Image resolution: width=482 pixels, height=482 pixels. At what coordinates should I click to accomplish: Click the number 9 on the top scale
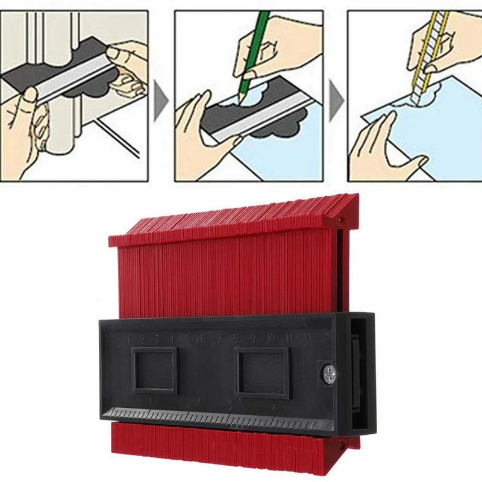pyautogui.click(x=252, y=339)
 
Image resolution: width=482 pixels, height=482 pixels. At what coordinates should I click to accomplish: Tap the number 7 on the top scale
pyautogui.click(x=219, y=339)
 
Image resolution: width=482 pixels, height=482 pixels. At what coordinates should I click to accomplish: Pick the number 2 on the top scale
pyautogui.click(x=143, y=339)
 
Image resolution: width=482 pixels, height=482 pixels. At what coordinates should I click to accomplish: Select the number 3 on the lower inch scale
pyautogui.click(x=230, y=405)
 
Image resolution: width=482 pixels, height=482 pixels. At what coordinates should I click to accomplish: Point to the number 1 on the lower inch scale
pyautogui.click(x=149, y=401)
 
